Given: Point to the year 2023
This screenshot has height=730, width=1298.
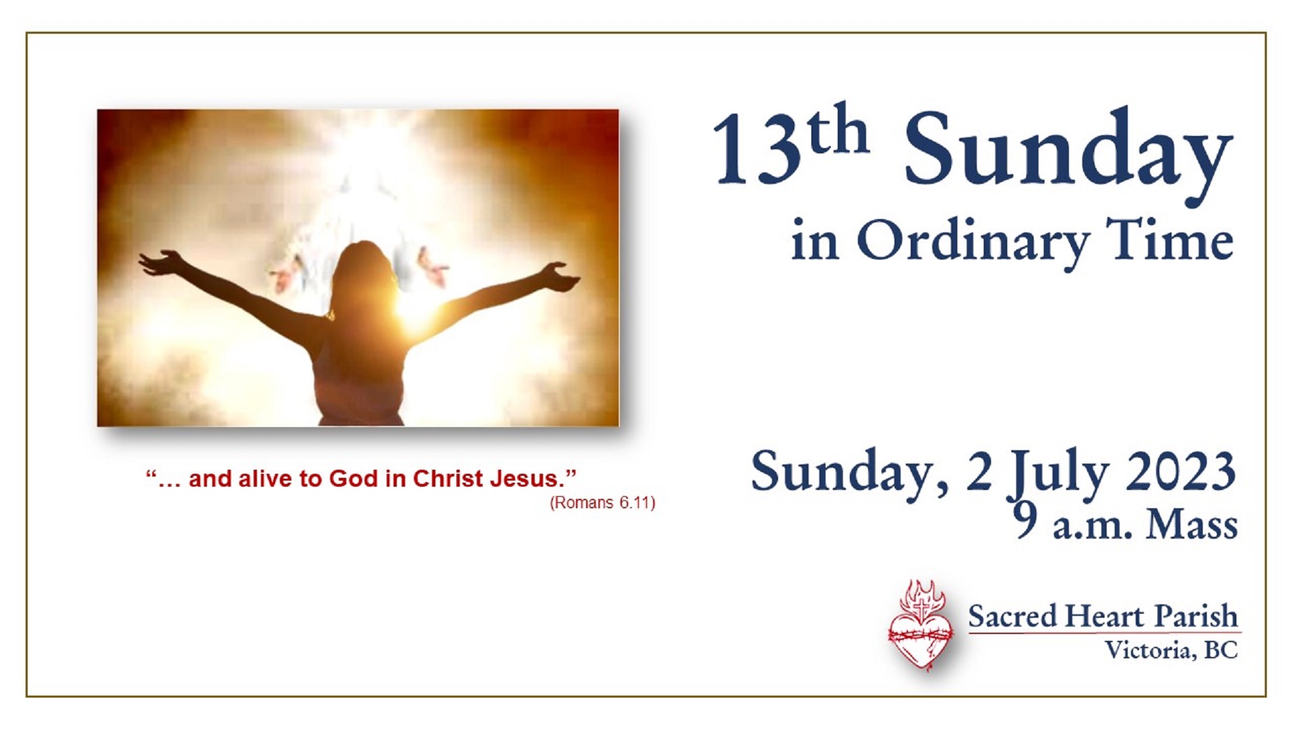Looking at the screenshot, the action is point(1180,471).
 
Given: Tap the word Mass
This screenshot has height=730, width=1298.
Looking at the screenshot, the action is point(1192,525).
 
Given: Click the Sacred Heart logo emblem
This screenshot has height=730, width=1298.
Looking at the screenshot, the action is point(920,625).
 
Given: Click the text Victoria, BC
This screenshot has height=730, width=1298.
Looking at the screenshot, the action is point(1172,650).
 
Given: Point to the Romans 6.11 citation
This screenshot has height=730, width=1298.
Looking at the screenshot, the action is point(602,503).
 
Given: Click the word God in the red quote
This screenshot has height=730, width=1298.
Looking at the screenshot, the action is point(354,479).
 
